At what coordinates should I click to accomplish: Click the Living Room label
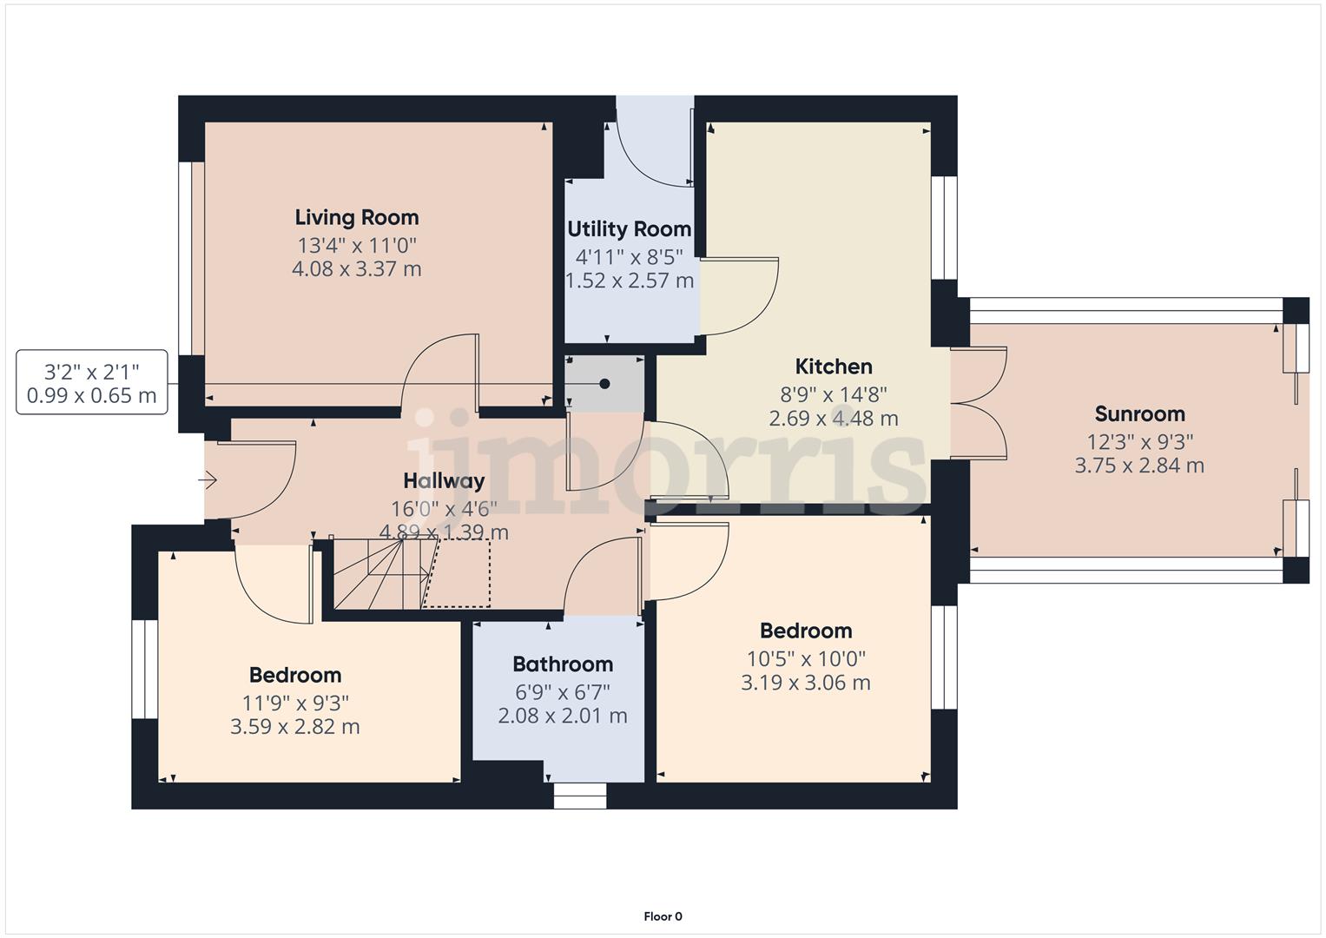(356, 217)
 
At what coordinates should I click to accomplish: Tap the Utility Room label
(630, 229)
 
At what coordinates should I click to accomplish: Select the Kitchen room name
(834, 367)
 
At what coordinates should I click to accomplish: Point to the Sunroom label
(1139, 414)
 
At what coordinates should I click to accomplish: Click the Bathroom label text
(563, 664)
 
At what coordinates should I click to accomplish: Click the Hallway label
(444, 480)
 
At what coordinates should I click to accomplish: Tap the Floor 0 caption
(663, 916)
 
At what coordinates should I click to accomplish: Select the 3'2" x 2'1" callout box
(92, 383)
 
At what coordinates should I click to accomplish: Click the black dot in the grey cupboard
(604, 384)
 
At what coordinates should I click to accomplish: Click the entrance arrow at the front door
(208, 479)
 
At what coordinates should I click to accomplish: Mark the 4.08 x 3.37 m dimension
(356, 269)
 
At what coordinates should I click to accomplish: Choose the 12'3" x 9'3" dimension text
(1139, 441)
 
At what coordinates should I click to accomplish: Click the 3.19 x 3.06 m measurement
(805, 684)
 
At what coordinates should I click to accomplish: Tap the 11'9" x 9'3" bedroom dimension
(295, 702)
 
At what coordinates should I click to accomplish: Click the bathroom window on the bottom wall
(580, 796)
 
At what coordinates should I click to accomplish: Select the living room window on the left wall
(186, 259)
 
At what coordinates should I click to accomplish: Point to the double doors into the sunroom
(980, 403)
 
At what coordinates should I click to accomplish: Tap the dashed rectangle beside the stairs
(458, 573)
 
